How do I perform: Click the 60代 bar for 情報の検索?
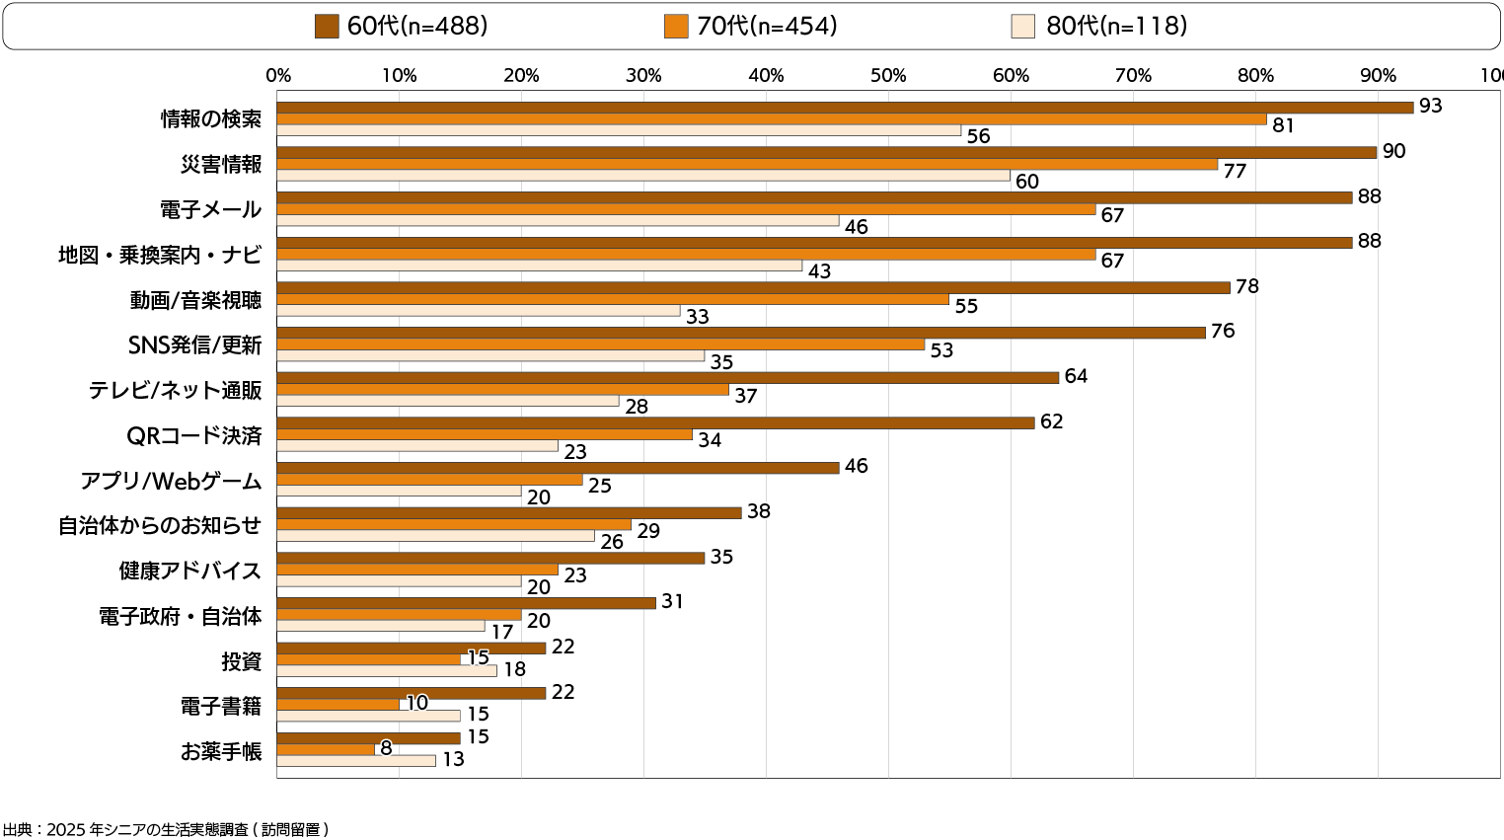click(845, 108)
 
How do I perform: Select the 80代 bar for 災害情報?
click(643, 176)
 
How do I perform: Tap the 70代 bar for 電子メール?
click(686, 209)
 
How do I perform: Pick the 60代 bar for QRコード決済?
click(655, 422)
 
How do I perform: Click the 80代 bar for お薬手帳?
click(356, 760)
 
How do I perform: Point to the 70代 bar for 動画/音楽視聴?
click(613, 299)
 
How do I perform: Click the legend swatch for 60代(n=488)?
click(328, 27)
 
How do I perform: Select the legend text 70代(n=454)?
click(767, 27)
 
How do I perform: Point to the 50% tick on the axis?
click(888, 76)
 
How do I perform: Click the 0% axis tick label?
click(278, 76)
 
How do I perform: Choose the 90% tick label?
click(1378, 76)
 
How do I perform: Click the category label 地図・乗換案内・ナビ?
click(160, 255)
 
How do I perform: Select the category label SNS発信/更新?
click(195, 345)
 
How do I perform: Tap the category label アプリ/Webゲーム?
click(172, 481)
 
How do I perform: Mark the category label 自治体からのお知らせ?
click(160, 525)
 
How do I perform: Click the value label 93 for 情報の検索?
click(1430, 106)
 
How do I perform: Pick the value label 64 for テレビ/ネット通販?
click(1076, 376)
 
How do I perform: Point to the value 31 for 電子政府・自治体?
click(672, 601)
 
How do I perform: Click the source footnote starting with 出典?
click(166, 829)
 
